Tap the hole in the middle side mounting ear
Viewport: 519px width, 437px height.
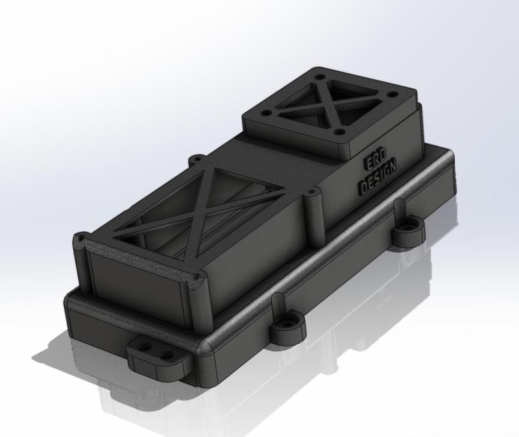(286, 322)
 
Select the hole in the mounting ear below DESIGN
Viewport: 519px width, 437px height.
(409, 228)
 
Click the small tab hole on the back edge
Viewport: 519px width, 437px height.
(195, 158)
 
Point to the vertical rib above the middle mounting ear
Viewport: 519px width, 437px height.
(278, 304)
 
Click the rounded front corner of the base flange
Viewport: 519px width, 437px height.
(206, 353)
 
